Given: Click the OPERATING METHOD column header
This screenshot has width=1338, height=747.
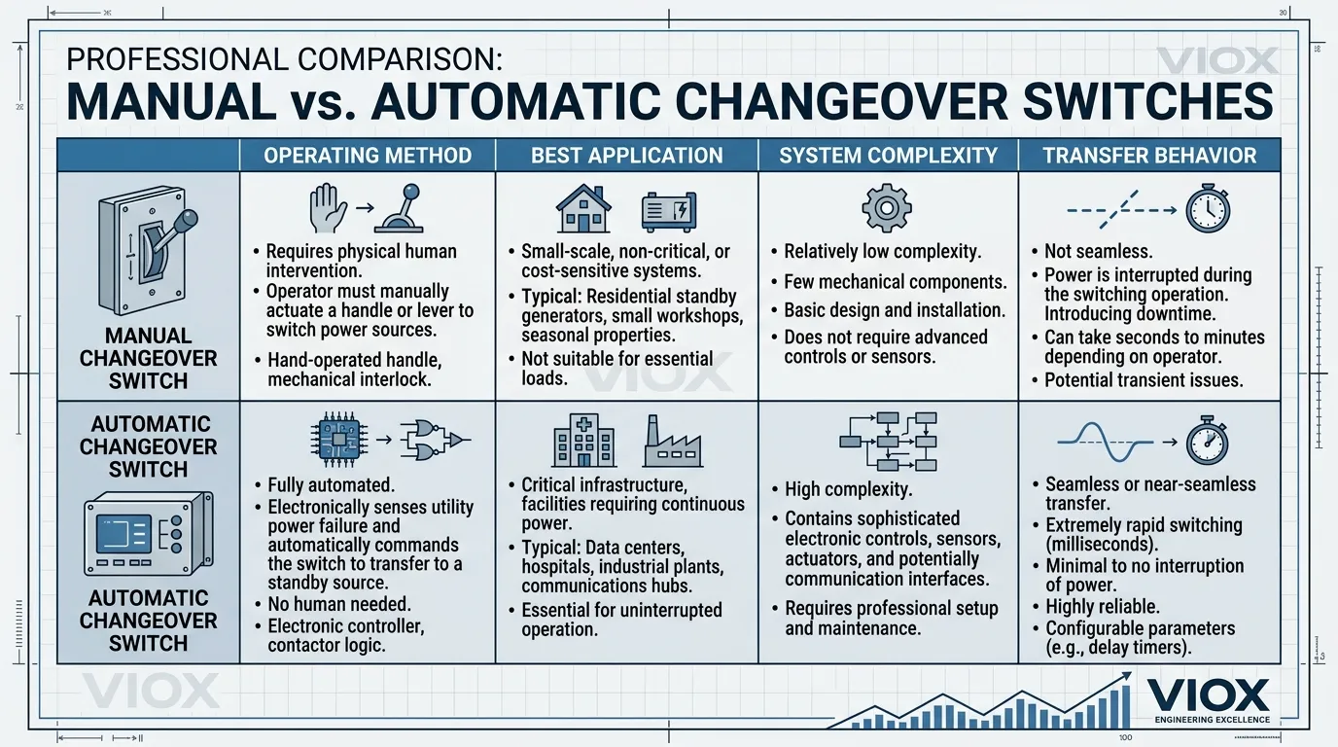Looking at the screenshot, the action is point(368,156).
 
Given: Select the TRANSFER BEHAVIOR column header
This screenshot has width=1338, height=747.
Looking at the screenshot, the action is point(1149,156).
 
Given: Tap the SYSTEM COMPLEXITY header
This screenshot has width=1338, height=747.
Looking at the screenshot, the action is point(888,156).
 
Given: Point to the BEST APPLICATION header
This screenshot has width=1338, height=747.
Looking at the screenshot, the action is point(626,156).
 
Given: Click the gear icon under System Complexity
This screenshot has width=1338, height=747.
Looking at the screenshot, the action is point(887,207).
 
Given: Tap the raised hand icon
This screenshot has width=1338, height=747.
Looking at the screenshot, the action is point(328,208).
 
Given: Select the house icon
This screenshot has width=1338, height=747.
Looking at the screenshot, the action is point(583,208).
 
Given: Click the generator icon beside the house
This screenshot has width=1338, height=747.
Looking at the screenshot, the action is point(669,211).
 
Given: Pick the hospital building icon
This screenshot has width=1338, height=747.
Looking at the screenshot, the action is point(584,441).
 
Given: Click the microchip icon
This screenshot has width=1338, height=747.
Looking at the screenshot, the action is point(339,440).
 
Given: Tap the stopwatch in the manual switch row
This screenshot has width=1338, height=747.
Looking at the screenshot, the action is point(1208,208).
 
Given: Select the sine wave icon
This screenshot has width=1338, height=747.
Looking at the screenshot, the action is point(1105,442).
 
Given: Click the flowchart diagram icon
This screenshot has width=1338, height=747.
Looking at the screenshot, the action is point(888,442).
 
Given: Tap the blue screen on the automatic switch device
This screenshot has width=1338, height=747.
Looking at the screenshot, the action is point(123,533).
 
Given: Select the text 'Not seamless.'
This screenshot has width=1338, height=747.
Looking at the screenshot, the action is point(1098,252).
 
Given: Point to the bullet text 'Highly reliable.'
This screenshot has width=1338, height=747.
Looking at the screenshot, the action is point(1103,607).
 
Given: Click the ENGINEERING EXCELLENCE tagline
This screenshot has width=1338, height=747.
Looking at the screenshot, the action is point(1213,720).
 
